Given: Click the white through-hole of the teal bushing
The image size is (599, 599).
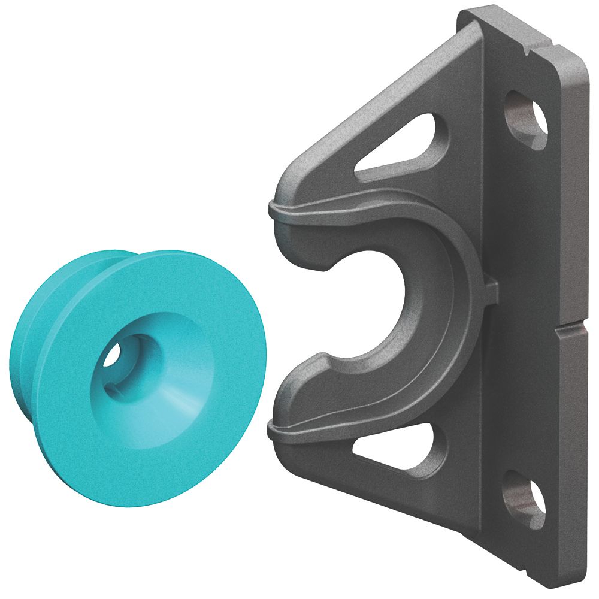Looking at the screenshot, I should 112,356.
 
